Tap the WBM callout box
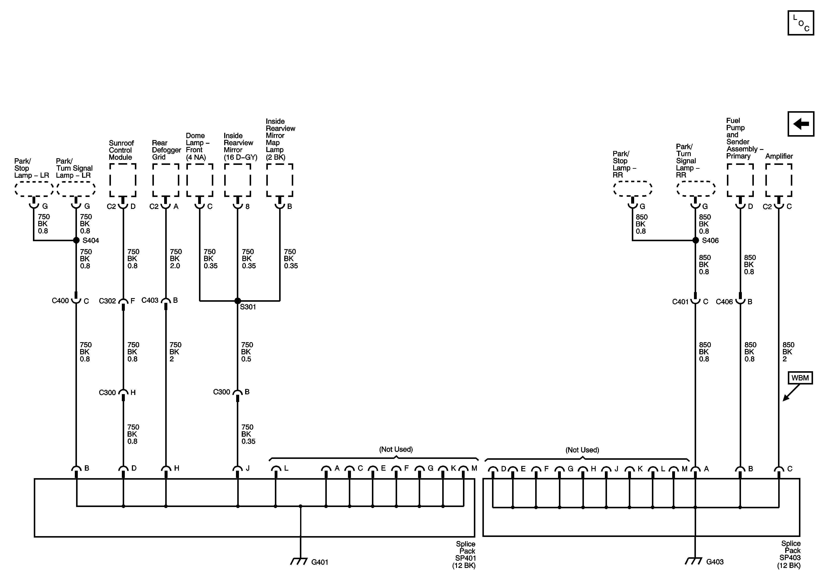click(x=800, y=378)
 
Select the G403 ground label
click(x=715, y=562)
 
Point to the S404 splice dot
click(x=76, y=240)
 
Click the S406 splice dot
click(x=696, y=240)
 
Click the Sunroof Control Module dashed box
click(x=123, y=180)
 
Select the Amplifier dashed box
click(x=779, y=180)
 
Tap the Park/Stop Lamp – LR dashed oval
click(x=34, y=189)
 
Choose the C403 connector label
click(x=150, y=300)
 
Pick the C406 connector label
click(x=724, y=302)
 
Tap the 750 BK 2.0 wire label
click(x=176, y=259)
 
